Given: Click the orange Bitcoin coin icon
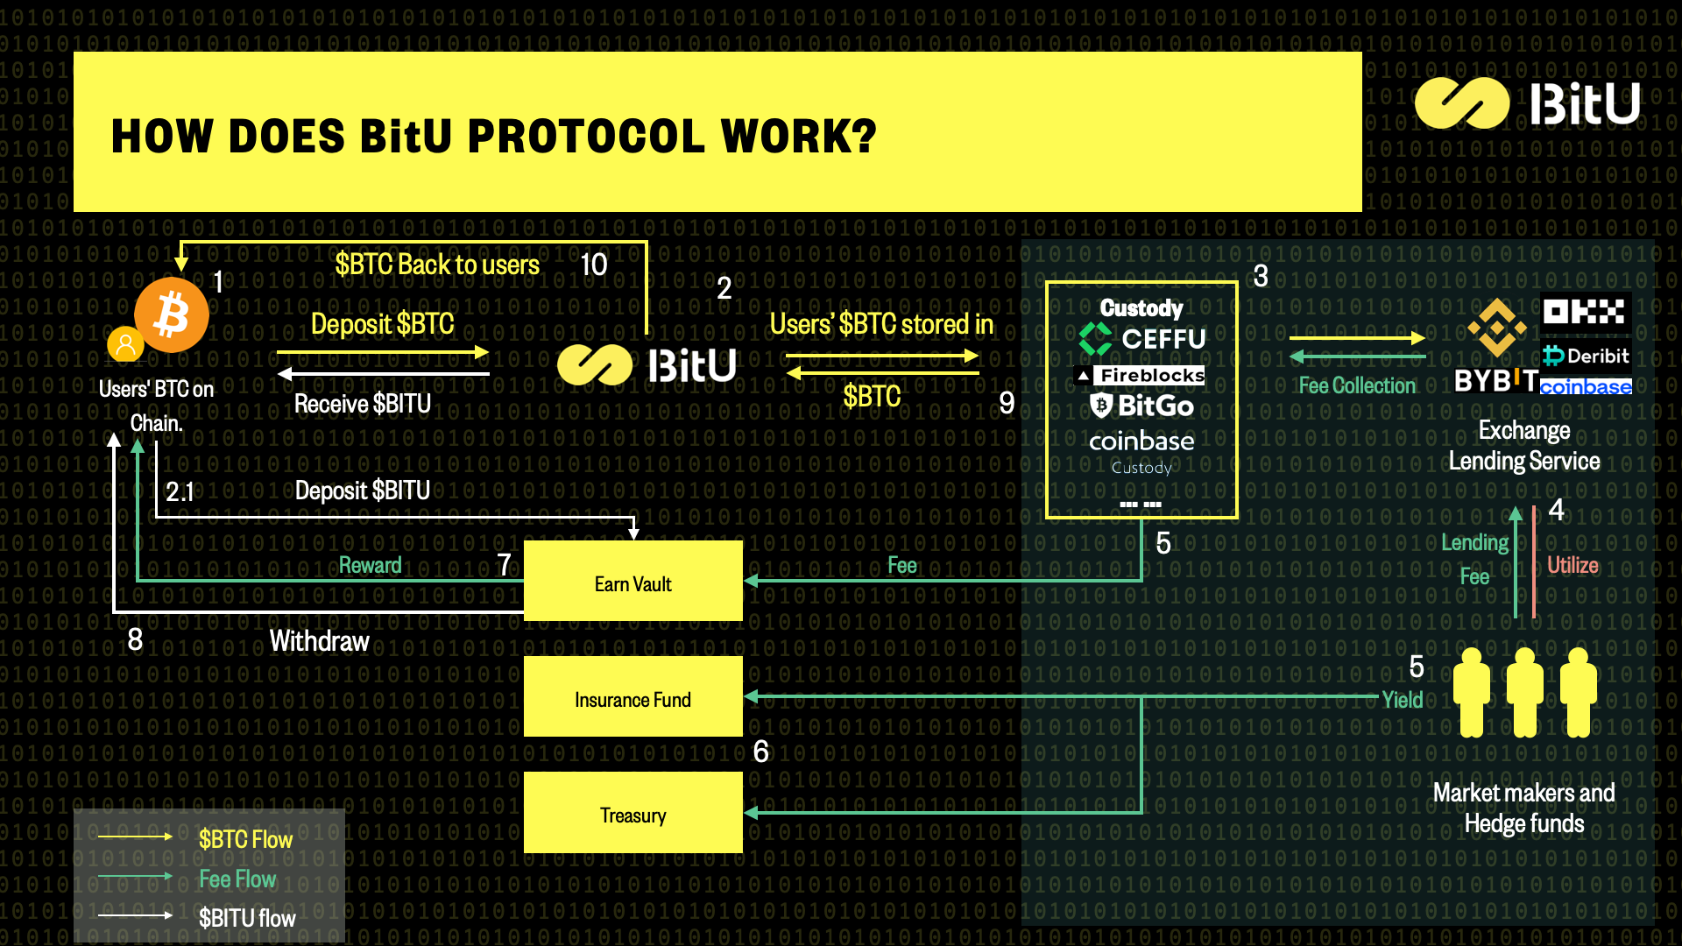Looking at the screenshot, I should tap(172, 314).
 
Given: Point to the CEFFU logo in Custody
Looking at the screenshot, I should tap(1142, 339).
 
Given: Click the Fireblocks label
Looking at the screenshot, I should tap(1141, 376).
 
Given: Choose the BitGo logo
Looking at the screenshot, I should tap(1142, 406).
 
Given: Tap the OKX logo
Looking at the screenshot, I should tap(1585, 312).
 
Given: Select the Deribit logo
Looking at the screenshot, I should tap(1587, 356).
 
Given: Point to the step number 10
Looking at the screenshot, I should tap(593, 265).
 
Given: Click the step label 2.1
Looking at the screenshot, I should tap(180, 491).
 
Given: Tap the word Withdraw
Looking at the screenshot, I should tap(319, 641).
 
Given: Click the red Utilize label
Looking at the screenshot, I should tap(1572, 565).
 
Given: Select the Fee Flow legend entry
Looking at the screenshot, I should tap(237, 879).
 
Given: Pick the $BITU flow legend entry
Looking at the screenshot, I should tap(246, 918).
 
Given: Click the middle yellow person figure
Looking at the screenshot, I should tap(1524, 692).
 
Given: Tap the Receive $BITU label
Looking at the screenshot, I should tap(362, 404).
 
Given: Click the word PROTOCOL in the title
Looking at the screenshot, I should tap(586, 137).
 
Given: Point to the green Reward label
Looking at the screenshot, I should tap(370, 565).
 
